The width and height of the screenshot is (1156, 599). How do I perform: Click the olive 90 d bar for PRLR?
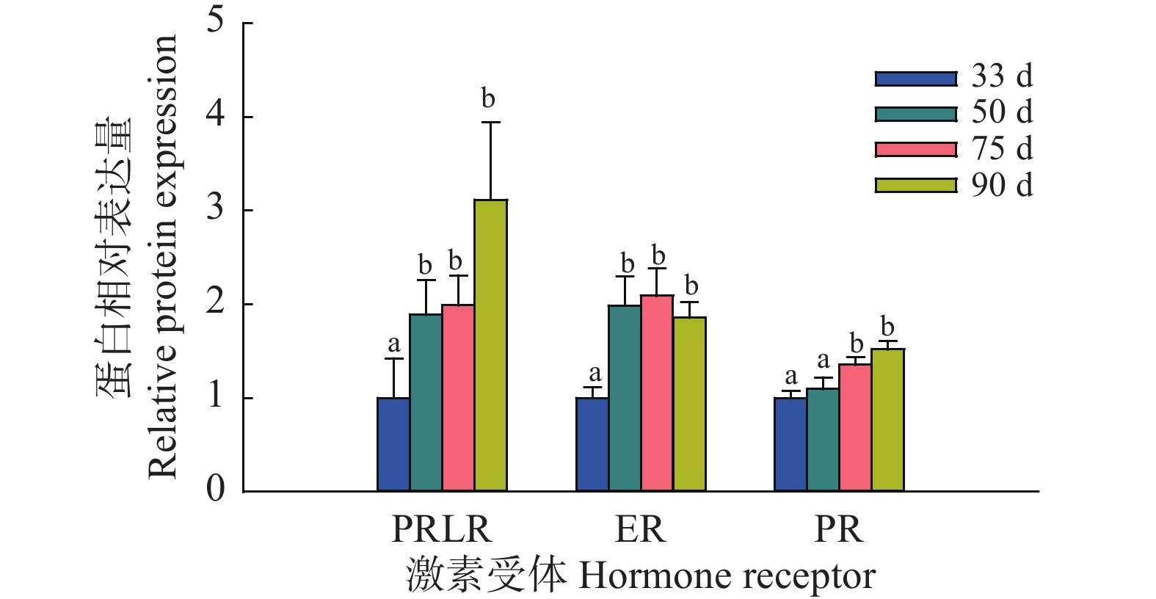click(490, 345)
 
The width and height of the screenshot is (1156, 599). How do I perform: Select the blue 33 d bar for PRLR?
click(393, 444)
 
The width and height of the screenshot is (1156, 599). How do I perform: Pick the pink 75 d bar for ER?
click(657, 393)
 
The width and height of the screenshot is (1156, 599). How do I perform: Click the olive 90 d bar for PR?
click(887, 419)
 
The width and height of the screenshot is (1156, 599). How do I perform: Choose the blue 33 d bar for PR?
click(790, 444)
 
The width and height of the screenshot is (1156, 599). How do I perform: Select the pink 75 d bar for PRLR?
click(458, 397)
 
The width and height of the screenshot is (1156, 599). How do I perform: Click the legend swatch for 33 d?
click(916, 79)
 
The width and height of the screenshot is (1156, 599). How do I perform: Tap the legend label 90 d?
click(1002, 185)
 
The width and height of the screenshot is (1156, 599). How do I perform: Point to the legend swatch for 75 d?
click(916, 150)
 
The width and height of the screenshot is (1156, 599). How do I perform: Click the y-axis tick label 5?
click(215, 21)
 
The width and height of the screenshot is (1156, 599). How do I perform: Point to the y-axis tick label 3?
click(215, 208)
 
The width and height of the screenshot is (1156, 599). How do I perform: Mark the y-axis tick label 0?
click(215, 489)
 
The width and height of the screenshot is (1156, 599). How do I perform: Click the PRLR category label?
click(441, 529)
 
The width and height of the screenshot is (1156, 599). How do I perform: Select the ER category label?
click(640, 529)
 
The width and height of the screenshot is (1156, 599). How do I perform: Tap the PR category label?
click(838, 529)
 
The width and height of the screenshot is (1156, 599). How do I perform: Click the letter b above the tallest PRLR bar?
click(488, 98)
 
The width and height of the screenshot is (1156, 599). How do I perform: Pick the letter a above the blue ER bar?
click(595, 374)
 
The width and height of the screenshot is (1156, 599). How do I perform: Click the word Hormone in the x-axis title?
click(634, 576)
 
